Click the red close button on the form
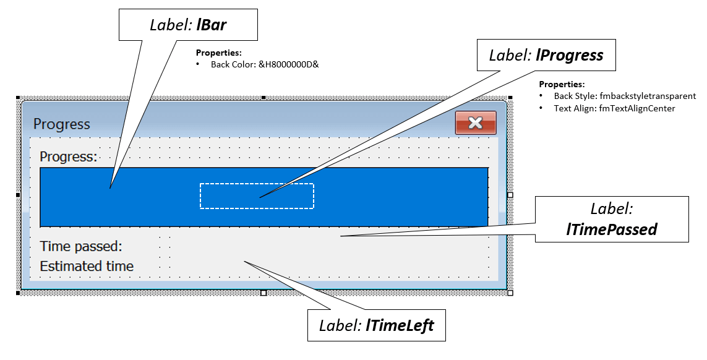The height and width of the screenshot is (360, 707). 475,122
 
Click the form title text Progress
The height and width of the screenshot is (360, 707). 62,124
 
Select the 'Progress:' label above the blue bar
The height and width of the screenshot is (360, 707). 69,156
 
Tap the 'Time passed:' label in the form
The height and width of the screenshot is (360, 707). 81,246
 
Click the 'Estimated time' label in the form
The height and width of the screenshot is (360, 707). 87,266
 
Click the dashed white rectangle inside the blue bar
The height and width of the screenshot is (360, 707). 257,196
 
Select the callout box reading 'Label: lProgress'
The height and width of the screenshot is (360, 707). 546,55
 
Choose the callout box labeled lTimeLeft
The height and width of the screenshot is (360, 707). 377,325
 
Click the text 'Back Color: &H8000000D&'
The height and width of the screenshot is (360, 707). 265,64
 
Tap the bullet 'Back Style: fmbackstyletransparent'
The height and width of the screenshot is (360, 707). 625,96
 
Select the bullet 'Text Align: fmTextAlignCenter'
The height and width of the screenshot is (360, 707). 614,108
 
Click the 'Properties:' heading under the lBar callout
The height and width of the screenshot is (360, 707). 218,53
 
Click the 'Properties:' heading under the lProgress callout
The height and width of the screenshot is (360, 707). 562,84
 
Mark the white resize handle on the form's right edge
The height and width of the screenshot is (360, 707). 510,195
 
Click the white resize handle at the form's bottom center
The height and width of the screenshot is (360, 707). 264,293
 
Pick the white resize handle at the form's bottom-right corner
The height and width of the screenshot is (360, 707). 510,293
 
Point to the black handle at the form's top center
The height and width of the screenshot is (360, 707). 264,98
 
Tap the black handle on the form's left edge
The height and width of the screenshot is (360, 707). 18,195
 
